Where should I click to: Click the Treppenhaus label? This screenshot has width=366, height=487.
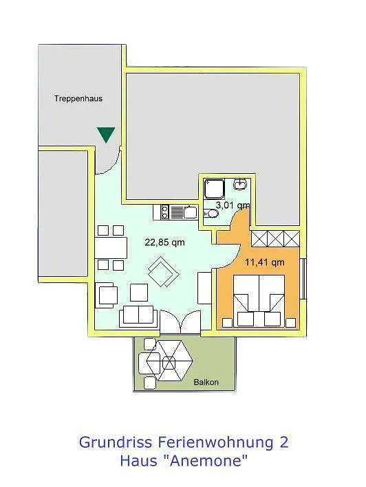[x=78, y=98]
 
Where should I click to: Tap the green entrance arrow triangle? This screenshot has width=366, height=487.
[x=106, y=134]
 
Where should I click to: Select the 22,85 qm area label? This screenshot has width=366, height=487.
[x=164, y=242]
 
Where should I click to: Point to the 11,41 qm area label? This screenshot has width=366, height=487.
[x=265, y=262]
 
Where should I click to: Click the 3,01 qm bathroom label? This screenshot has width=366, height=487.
[x=233, y=205]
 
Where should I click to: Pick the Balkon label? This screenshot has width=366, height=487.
[x=206, y=382]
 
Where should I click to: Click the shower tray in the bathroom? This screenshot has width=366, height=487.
[x=214, y=189]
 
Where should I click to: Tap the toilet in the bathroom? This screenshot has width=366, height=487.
[x=211, y=214]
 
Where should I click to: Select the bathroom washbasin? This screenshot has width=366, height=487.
[x=240, y=185]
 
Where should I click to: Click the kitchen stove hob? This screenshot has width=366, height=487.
[x=164, y=212]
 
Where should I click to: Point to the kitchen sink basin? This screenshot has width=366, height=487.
[x=190, y=212]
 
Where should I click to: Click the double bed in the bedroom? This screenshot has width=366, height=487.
[x=259, y=301]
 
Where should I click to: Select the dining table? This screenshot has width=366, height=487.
[x=111, y=247]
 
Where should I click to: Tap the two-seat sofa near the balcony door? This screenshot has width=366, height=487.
[x=138, y=315]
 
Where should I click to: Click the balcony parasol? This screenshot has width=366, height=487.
[x=169, y=361]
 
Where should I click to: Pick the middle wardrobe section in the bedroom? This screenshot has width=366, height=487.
[x=275, y=238]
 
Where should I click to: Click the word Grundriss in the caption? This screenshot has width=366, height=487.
[x=116, y=442]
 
